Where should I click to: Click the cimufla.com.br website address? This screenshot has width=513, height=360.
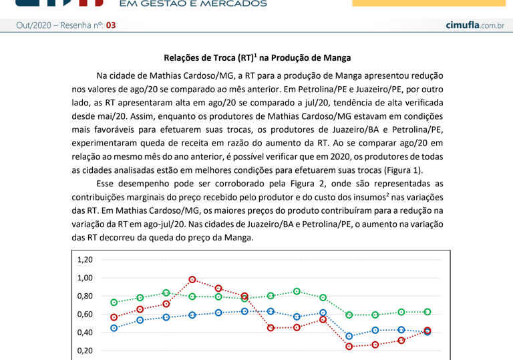tap(474, 25)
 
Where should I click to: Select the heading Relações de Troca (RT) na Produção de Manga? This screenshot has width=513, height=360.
tap(257, 58)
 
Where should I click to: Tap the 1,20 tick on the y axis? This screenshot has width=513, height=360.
tap(85, 260)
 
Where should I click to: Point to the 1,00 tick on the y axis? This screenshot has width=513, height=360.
tap(85, 278)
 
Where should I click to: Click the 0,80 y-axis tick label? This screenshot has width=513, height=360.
tap(85, 296)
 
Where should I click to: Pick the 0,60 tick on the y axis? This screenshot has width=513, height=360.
tap(85, 314)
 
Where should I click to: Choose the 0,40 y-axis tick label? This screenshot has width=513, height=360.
tap(85, 332)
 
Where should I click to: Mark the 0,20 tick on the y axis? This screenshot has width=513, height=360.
tap(85, 350)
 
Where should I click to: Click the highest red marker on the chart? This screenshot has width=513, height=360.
tap(192, 280)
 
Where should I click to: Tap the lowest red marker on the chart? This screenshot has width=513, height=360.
tap(349, 347)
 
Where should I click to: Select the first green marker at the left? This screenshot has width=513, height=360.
tap(114, 303)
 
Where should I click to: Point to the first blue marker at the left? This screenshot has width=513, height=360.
tap(114, 328)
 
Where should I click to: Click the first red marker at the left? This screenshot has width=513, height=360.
tap(114, 317)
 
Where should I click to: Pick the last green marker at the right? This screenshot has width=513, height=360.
tap(427, 312)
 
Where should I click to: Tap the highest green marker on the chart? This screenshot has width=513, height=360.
tap(297, 291)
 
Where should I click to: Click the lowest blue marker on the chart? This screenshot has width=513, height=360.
tap(349, 337)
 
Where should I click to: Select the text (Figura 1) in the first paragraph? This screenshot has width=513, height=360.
tap(401, 170)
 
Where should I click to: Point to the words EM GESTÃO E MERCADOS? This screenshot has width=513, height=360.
tap(192, 4)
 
